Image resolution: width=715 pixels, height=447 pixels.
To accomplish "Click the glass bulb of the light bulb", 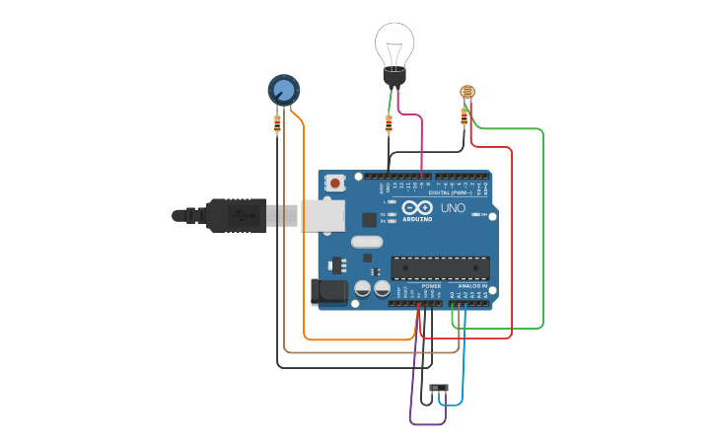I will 393,44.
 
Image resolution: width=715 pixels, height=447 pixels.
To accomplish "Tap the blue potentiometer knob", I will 284,91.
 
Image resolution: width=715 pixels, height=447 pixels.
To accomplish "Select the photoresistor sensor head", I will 467,93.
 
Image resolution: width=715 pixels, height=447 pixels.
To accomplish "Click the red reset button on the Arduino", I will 336,183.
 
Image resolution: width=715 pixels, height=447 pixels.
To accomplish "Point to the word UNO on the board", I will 453,208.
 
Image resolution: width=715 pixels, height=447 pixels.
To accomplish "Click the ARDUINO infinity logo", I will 417,208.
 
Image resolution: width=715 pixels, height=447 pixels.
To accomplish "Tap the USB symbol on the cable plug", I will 239,214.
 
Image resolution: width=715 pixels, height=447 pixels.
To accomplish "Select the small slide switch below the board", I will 440,387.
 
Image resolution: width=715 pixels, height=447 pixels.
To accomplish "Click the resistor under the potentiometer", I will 277,123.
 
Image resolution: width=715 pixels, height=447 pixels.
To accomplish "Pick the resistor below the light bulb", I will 389,122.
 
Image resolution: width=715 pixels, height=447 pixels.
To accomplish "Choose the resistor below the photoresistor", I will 465,116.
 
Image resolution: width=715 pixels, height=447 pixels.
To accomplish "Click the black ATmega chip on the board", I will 440,267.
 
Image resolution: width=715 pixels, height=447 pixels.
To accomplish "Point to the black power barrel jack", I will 328,291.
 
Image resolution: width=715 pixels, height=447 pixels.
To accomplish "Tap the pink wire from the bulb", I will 421,138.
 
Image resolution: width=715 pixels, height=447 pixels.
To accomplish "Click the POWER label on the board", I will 431,285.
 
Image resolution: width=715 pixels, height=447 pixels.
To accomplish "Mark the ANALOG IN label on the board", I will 472,285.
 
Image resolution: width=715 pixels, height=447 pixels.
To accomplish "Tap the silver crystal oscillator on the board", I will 366,242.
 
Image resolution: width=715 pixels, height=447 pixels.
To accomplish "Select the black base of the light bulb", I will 394,77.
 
